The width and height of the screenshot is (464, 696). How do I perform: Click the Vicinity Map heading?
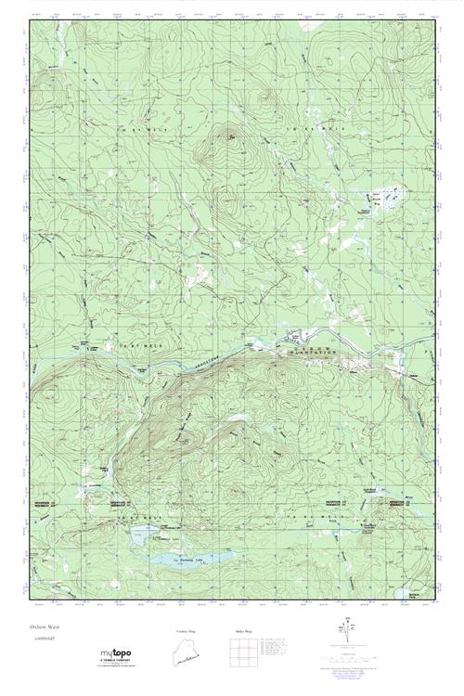[x=187, y=631]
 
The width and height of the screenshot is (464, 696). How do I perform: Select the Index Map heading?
[x=244, y=631]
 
